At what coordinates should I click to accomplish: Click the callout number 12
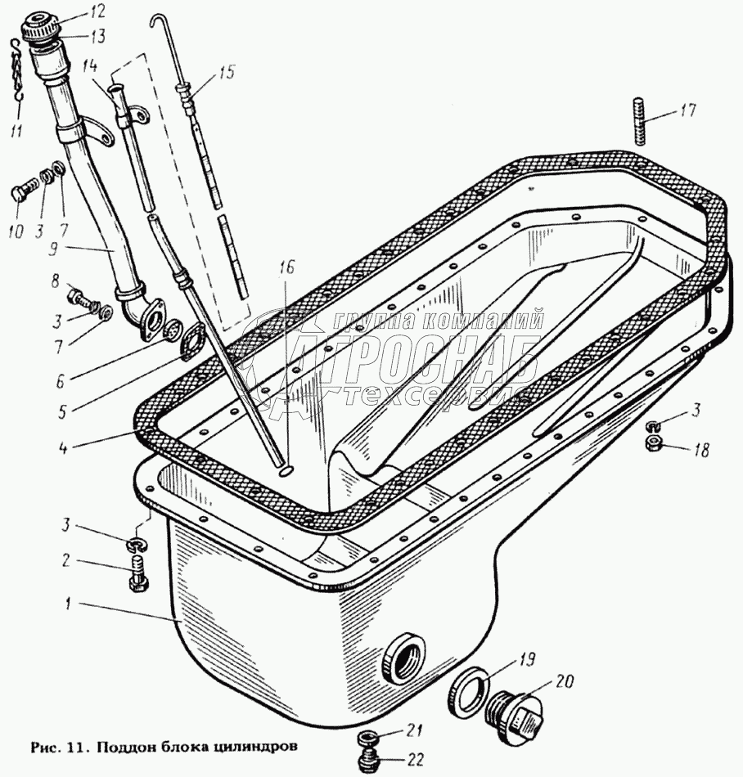click(97, 11)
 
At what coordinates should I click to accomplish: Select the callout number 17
click(688, 110)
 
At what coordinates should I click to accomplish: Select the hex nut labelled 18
click(654, 445)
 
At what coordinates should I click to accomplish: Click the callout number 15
click(226, 73)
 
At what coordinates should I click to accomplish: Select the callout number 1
click(72, 604)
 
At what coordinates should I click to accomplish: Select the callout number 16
click(284, 267)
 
